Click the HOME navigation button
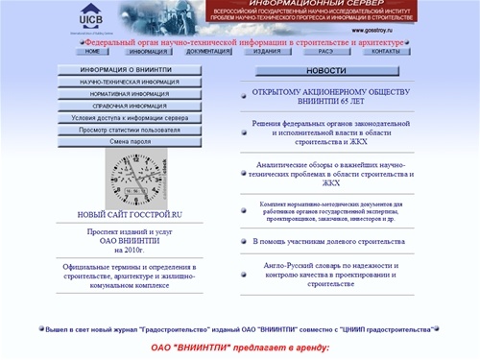point(94,52)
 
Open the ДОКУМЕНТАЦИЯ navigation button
point(208,52)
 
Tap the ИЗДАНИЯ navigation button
point(268,52)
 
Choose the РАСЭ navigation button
point(325,52)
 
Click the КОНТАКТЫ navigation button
point(385,52)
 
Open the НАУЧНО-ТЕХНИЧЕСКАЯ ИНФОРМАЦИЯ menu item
point(129,84)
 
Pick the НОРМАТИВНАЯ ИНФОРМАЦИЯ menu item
point(129,95)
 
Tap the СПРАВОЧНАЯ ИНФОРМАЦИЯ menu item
point(129,107)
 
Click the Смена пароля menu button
point(129,141)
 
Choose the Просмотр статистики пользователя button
point(129,130)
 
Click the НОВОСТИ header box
point(325,71)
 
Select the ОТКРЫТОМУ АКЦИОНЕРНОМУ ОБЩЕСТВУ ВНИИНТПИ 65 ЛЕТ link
point(325,100)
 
